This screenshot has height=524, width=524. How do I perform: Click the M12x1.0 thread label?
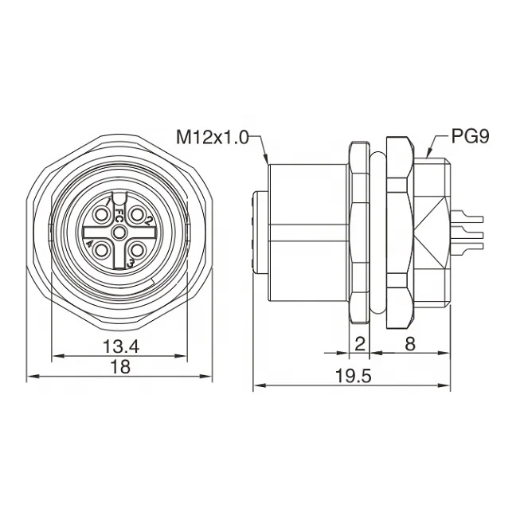click(x=212, y=137)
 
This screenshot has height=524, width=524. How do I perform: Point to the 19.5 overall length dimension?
click(x=353, y=376)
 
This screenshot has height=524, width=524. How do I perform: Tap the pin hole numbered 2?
click(x=136, y=214)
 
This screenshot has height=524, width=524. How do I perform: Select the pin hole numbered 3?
click(x=136, y=250)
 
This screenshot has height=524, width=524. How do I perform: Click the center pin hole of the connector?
click(x=119, y=232)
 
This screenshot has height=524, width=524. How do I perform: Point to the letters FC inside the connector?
click(x=119, y=215)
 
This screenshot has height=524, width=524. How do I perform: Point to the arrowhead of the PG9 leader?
click(x=428, y=154)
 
